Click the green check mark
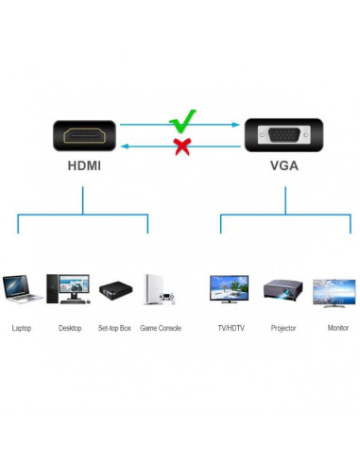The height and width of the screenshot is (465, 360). point(182,122)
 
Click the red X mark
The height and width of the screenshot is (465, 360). point(180,146)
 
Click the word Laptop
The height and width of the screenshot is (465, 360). point(21,328)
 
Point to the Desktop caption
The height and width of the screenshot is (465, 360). point(70,328)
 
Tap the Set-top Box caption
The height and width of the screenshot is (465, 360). point(115,328)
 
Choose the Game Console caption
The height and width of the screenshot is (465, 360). point(161,328)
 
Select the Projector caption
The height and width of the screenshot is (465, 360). point(283,328)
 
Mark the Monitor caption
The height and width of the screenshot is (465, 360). point(337,328)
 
